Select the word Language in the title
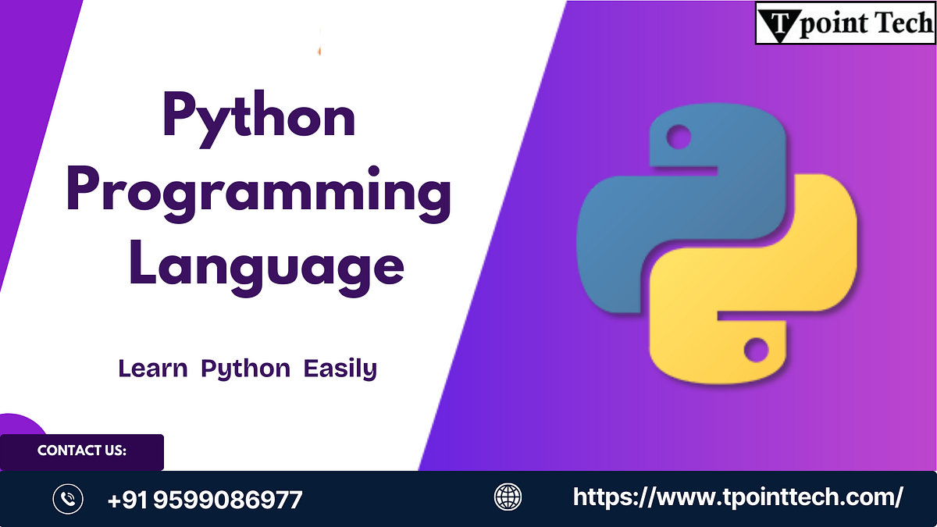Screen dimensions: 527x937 266,266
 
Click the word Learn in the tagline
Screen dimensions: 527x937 152,368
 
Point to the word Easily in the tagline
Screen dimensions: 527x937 340,369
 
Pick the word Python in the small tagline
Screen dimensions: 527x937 245,369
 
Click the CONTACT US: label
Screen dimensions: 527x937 82,450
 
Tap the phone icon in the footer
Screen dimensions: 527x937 68,498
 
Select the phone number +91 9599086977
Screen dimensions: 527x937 205,499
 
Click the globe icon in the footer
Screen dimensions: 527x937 508,497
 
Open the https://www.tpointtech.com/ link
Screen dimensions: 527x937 738,497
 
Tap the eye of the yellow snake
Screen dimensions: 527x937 755,348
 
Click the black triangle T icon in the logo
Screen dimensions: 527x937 777,23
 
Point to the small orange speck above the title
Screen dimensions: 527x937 319,51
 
